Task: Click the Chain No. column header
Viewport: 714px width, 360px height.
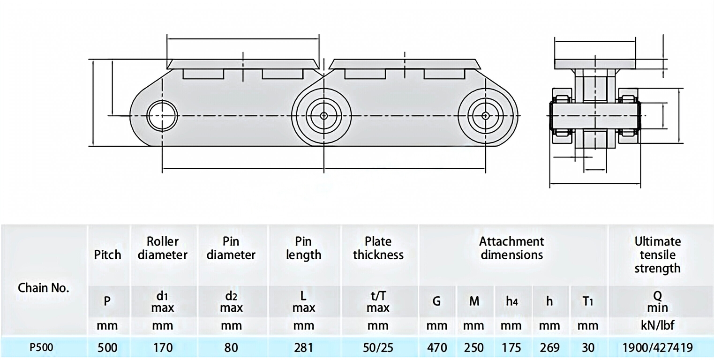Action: [43, 288]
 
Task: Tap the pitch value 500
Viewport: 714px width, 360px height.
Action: [107, 347]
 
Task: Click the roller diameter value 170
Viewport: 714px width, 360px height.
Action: [163, 347]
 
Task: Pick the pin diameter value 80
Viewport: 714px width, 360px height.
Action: [231, 347]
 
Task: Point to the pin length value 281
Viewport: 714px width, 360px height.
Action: [303, 347]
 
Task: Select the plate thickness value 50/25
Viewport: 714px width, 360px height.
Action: [378, 347]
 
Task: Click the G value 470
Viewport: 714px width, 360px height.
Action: [436, 347]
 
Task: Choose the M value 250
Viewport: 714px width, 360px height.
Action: [474, 347]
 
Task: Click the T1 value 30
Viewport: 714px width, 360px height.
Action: [588, 347]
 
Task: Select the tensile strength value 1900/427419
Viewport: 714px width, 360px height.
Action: [657, 347]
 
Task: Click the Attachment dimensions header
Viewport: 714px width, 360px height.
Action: [511, 248]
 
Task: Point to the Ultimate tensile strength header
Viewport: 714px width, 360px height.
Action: [657, 255]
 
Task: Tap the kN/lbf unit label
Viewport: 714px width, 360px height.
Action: [657, 325]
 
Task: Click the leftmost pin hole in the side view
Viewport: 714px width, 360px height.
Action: [162, 115]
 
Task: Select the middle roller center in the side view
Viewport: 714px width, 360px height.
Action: [323, 115]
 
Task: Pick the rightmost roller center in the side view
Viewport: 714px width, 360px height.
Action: [486, 115]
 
